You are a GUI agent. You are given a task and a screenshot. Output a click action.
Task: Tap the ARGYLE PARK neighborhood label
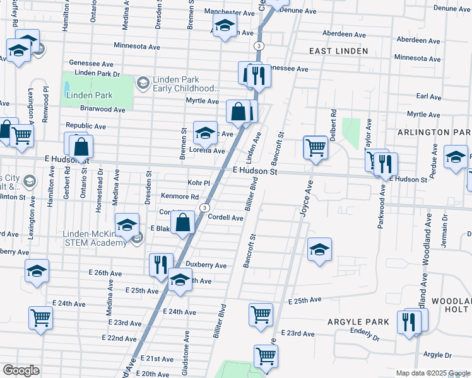pyautogui.click(x=358, y=322)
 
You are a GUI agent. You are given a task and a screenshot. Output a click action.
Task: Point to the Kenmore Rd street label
pyautogui.click(x=179, y=197)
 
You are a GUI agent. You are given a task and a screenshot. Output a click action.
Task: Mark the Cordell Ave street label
pyautogui.click(x=225, y=218)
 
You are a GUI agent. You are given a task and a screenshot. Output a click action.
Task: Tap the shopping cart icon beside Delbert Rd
pyautogui.click(x=316, y=147)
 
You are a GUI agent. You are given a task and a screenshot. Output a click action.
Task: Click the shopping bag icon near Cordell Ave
pyautogui.click(x=182, y=222)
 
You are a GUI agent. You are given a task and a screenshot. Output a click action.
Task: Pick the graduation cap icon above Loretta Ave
pyautogui.click(x=205, y=132)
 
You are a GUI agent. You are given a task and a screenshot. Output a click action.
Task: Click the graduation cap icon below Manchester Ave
pyautogui.click(x=224, y=27)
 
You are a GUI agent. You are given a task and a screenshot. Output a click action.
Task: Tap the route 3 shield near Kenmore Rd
pyautogui.click(x=204, y=207)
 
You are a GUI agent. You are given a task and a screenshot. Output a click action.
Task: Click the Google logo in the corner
pyautogui.click(x=21, y=370)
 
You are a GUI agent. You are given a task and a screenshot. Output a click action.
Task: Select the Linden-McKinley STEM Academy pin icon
pyautogui.click(x=138, y=238)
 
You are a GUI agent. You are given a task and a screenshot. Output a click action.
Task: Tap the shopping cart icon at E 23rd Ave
pyautogui.click(x=261, y=314)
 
